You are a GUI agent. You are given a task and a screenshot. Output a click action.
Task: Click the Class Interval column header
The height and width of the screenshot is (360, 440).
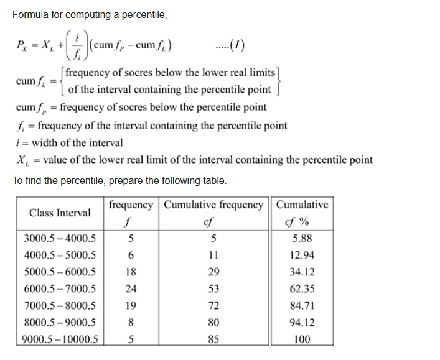click(60, 213)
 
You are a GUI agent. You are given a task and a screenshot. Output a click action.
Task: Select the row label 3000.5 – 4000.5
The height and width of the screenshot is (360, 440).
click(60, 238)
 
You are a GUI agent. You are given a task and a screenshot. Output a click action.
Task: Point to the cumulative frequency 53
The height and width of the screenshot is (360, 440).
click(213, 288)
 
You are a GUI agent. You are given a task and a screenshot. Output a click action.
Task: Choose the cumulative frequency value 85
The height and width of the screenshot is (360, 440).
click(213, 339)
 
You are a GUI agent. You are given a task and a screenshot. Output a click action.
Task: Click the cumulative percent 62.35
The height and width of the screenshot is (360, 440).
click(302, 288)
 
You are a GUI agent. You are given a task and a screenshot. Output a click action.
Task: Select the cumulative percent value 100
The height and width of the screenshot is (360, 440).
click(302, 339)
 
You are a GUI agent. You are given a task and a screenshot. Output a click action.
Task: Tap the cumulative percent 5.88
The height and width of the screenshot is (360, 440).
click(302, 238)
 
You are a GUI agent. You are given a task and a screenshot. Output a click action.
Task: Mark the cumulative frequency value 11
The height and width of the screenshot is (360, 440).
click(213, 255)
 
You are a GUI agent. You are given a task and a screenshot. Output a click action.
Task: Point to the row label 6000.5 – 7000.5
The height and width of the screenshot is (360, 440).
click(60, 288)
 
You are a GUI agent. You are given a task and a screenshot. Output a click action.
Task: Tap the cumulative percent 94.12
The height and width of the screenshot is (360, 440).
click(302, 322)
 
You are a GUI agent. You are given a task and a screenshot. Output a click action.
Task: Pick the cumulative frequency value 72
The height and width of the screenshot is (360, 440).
click(213, 305)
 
